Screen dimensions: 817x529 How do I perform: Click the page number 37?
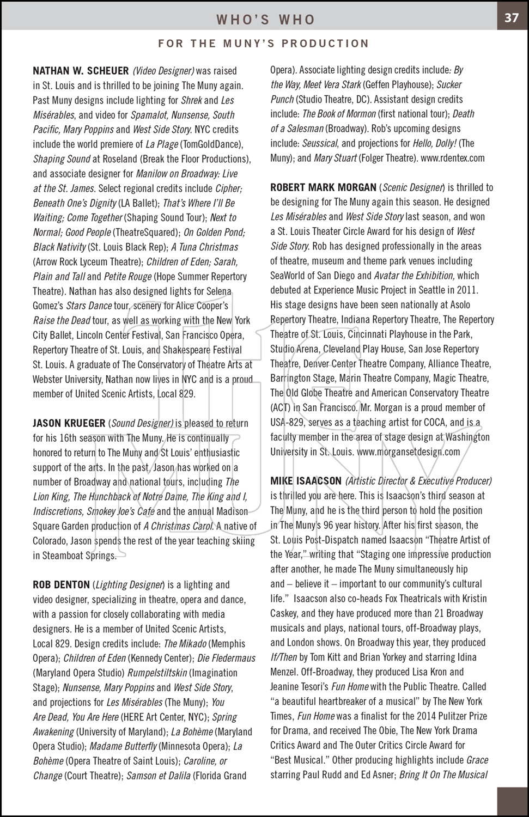coord(511,17)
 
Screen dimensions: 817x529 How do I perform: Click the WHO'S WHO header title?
coord(265,20)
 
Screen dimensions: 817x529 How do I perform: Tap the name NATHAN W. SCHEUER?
coord(81,71)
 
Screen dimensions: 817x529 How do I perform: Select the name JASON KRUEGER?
coord(69,423)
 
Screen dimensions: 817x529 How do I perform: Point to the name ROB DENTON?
coord(61,585)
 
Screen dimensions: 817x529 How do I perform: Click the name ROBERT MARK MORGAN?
coord(323,187)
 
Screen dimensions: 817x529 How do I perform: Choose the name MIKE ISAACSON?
coord(306,481)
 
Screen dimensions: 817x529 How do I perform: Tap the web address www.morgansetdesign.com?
coord(408,452)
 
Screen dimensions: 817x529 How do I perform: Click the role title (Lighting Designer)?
coord(129,585)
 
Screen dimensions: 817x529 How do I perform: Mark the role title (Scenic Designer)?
coord(413,187)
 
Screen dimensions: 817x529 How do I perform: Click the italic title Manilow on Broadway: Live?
coord(186,174)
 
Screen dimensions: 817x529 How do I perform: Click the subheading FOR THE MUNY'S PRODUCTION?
coord(264,44)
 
